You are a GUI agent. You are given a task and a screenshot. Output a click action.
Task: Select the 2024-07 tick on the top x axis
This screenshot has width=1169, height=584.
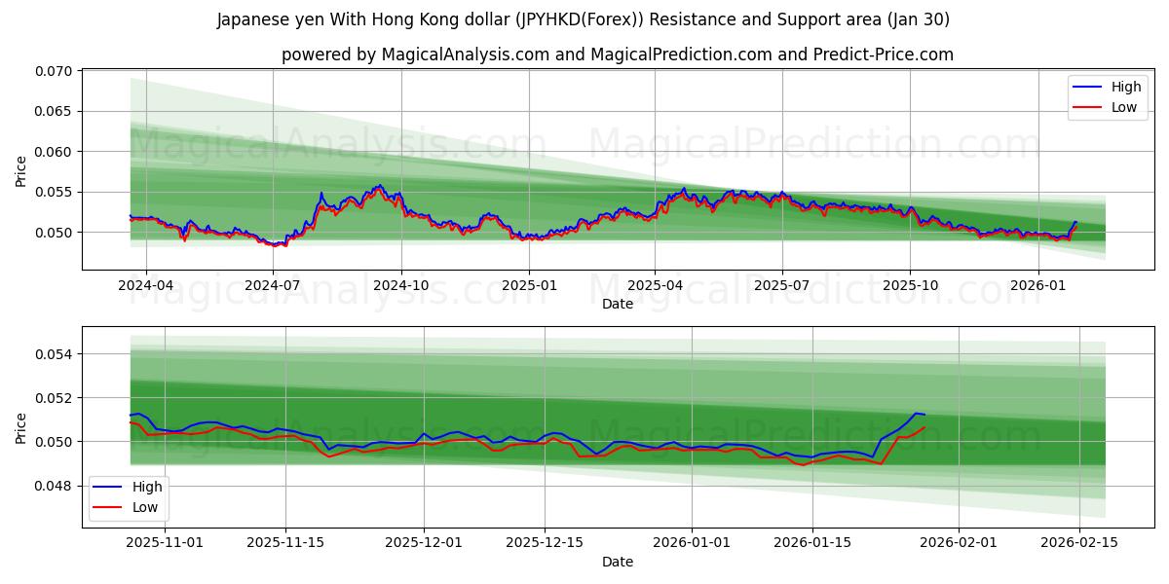point(273,287)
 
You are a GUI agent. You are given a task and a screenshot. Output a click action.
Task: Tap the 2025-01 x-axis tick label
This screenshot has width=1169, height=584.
point(529,287)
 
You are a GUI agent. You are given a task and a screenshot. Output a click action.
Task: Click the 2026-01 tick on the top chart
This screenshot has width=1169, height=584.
point(1037,287)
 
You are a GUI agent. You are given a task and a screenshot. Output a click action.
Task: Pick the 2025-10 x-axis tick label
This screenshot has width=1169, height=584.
point(910,287)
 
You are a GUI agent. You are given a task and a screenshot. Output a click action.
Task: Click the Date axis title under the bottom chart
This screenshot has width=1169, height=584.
point(617,562)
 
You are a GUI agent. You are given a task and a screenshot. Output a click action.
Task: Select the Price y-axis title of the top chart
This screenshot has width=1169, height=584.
point(21,171)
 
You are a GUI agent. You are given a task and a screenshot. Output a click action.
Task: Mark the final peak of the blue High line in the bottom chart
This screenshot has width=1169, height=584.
point(916,414)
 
